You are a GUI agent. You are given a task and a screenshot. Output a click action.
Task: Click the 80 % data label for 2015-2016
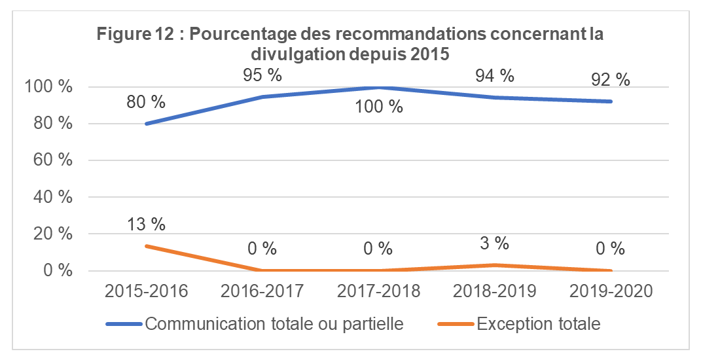click(x=146, y=103)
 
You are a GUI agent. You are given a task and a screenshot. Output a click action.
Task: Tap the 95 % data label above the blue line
click(x=262, y=75)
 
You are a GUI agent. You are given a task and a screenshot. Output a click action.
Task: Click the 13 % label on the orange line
click(x=146, y=224)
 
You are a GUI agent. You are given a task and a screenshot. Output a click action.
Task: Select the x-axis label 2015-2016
click(x=146, y=291)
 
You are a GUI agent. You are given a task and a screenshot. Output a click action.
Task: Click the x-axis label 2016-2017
click(x=262, y=291)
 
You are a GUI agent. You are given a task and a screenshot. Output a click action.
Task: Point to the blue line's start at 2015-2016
click(x=146, y=124)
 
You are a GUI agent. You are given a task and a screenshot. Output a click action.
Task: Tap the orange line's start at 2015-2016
click(x=146, y=246)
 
